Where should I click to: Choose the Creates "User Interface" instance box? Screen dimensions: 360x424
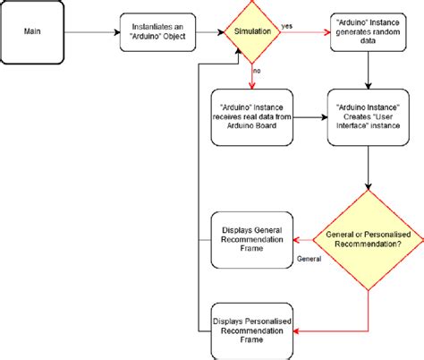point(369,116)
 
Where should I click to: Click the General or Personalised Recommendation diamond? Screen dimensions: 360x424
point(369,238)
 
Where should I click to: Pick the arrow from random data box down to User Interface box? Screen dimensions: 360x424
point(369,77)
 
